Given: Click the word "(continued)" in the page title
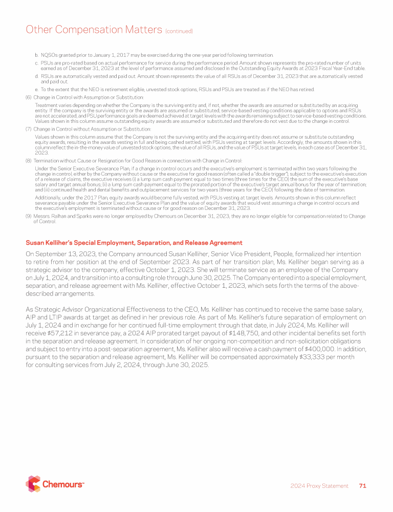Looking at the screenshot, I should (179, 32).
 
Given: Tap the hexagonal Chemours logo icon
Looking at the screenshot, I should (33, 483).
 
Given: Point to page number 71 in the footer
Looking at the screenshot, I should (362, 486).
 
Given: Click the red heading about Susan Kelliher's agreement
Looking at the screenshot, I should (134, 243).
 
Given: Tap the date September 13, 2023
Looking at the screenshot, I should (62, 254).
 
